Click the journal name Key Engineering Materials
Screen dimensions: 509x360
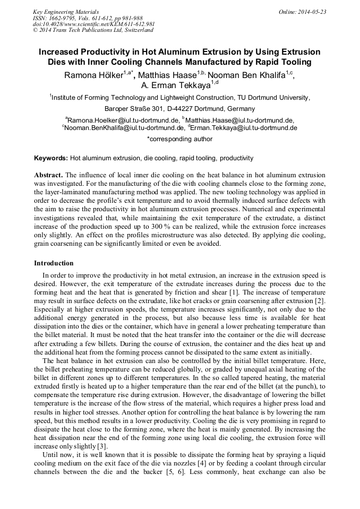(x=66, y=11)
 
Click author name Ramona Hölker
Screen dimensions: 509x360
(x=93, y=75)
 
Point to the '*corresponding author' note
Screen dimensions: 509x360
(x=179, y=139)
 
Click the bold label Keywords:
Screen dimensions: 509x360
(x=51, y=158)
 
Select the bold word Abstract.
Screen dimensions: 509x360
(x=48, y=175)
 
